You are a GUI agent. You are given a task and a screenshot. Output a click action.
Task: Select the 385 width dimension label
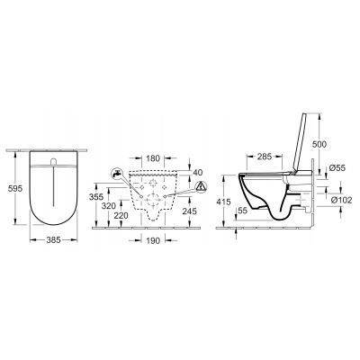tap(54, 240)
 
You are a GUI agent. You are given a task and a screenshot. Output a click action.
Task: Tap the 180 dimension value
tap(153, 158)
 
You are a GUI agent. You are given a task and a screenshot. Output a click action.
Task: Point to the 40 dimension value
tap(198, 173)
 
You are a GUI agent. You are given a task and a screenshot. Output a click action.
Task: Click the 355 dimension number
tap(96, 197)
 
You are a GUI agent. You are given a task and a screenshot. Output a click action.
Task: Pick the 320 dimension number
tap(108, 206)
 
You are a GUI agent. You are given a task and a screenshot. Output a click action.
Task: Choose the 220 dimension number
tap(121, 215)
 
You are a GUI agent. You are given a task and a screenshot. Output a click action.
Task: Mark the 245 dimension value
tap(190, 211)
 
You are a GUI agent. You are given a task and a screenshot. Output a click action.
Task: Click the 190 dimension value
tap(153, 240)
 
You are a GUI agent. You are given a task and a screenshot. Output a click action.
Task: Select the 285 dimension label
tap(265, 157)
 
